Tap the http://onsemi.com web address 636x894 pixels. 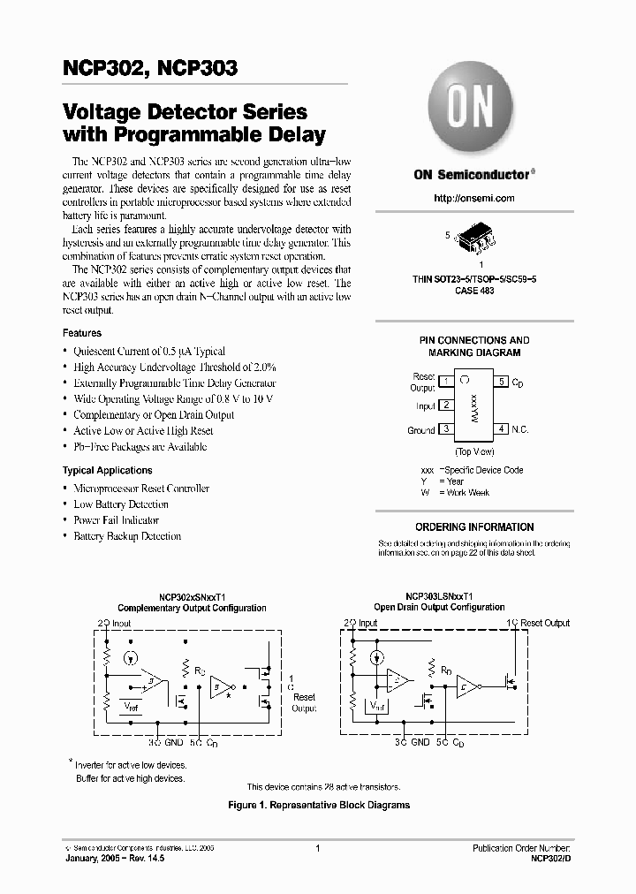click(474, 199)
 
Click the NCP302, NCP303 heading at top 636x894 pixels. click(150, 68)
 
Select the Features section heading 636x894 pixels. click(82, 333)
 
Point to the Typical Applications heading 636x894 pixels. click(107, 471)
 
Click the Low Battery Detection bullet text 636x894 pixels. click(121, 504)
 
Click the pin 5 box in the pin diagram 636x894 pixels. click(501, 382)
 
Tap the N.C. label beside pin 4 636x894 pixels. click(520, 429)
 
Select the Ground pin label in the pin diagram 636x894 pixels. click(420, 430)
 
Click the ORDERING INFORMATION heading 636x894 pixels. click(474, 527)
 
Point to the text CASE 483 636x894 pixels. click(474, 290)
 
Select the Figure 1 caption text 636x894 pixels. click(318, 805)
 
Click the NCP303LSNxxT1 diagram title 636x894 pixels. click(439, 597)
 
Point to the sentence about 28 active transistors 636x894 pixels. click(322, 786)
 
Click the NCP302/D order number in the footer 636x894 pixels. click(552, 858)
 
